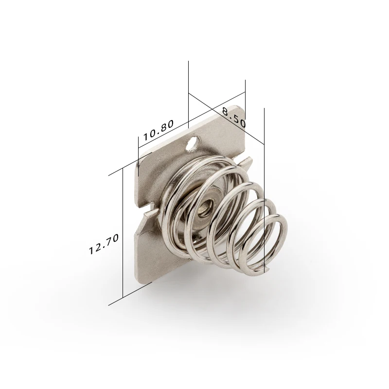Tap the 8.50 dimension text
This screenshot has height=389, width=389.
[233, 117]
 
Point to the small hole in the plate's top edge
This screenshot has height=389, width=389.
[194, 143]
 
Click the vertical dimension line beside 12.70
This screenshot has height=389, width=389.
[123, 233]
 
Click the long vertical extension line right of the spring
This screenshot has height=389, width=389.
[264, 194]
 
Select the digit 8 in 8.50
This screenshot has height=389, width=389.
[226, 112]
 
